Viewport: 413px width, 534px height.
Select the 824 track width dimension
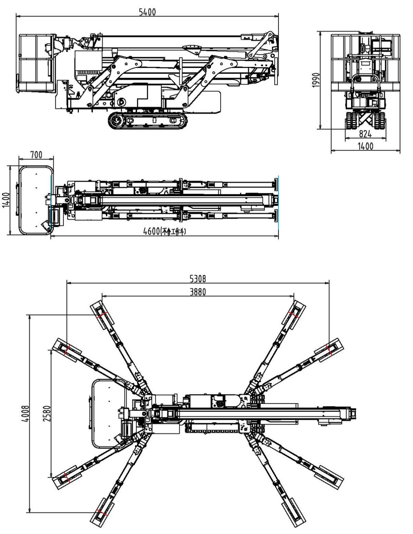pyautogui.click(x=365, y=133)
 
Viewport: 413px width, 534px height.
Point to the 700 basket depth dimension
pyautogui.click(x=36, y=154)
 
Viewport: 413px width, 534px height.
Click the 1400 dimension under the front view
pyautogui.click(x=365, y=146)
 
